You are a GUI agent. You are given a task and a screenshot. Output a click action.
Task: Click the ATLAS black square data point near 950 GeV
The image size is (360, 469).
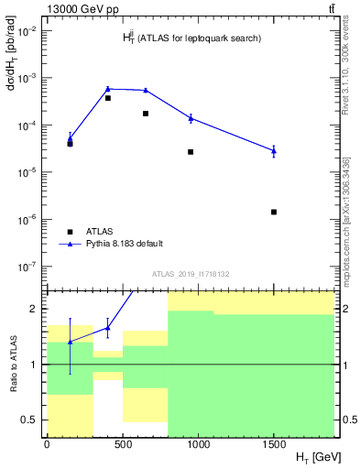click(191, 152)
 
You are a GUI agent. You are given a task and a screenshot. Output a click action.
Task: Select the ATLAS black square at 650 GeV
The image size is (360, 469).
click(146, 114)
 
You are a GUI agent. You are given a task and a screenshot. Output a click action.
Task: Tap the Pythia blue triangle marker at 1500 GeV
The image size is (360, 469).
click(274, 150)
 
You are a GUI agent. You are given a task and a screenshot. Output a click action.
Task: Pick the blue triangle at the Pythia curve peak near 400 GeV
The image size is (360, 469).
click(108, 89)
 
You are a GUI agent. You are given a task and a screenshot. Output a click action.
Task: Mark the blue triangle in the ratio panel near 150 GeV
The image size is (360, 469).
click(70, 342)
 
